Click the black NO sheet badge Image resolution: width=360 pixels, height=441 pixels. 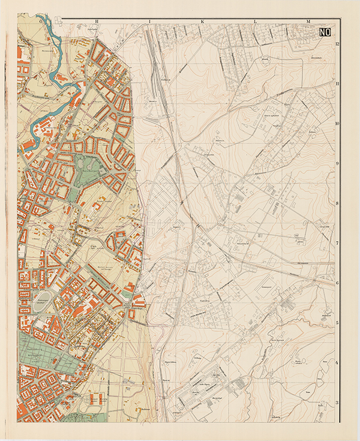(x=326, y=34)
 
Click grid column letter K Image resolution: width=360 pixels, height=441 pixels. (x=202, y=21)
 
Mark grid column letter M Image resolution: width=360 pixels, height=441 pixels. (x=308, y=21)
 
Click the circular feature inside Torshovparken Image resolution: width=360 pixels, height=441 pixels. (x=84, y=162)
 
